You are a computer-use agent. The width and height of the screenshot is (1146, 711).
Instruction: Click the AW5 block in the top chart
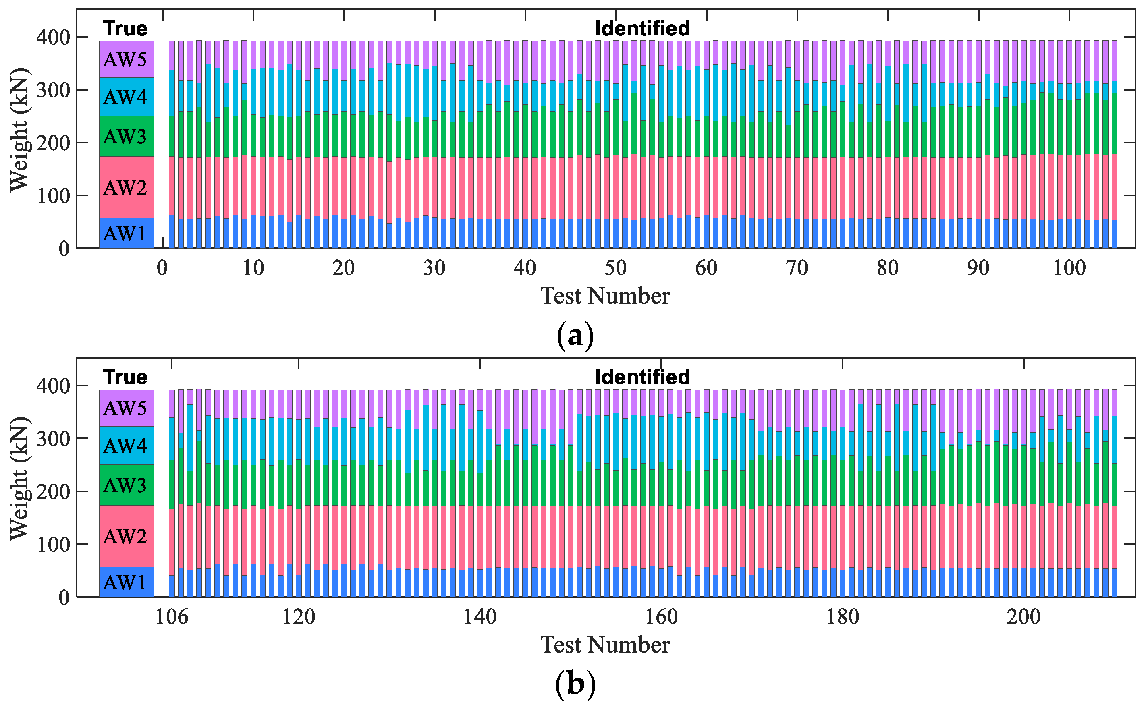pyautogui.click(x=126, y=59)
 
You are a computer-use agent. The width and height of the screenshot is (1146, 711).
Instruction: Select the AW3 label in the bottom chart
pyautogui.click(x=125, y=485)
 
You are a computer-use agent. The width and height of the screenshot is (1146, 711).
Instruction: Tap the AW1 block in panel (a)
pyautogui.click(x=126, y=233)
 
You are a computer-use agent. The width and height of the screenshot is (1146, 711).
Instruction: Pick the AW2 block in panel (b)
pyautogui.click(x=126, y=536)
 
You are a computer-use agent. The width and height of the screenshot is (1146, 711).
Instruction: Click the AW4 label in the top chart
pyautogui.click(x=125, y=97)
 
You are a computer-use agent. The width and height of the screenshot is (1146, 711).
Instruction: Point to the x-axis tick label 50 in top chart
pyautogui.click(x=616, y=268)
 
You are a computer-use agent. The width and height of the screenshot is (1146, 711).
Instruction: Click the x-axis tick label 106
pyautogui.click(x=171, y=616)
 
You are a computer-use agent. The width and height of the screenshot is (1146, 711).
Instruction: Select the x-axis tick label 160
pyautogui.click(x=661, y=616)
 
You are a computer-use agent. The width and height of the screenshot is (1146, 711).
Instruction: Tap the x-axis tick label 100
pyautogui.click(x=1069, y=268)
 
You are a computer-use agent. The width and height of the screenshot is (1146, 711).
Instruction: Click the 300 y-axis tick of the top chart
pyautogui.click(x=53, y=90)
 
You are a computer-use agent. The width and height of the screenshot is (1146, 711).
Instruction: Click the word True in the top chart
pyautogui.click(x=126, y=29)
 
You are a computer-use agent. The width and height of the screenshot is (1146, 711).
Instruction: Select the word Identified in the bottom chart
pyautogui.click(x=642, y=377)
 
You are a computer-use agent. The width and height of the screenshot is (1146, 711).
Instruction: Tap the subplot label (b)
pyautogui.click(x=575, y=684)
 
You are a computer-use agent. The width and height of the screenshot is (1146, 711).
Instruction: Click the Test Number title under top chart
pyautogui.click(x=605, y=296)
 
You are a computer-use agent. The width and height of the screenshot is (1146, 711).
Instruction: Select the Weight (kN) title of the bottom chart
pyautogui.click(x=20, y=478)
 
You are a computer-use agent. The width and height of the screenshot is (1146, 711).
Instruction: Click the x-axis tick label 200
pyautogui.click(x=1023, y=616)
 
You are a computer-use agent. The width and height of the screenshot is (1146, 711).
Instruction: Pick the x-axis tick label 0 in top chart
pyautogui.click(x=162, y=268)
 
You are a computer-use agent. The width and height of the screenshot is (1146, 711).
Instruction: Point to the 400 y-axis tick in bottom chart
pyautogui.click(x=53, y=386)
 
